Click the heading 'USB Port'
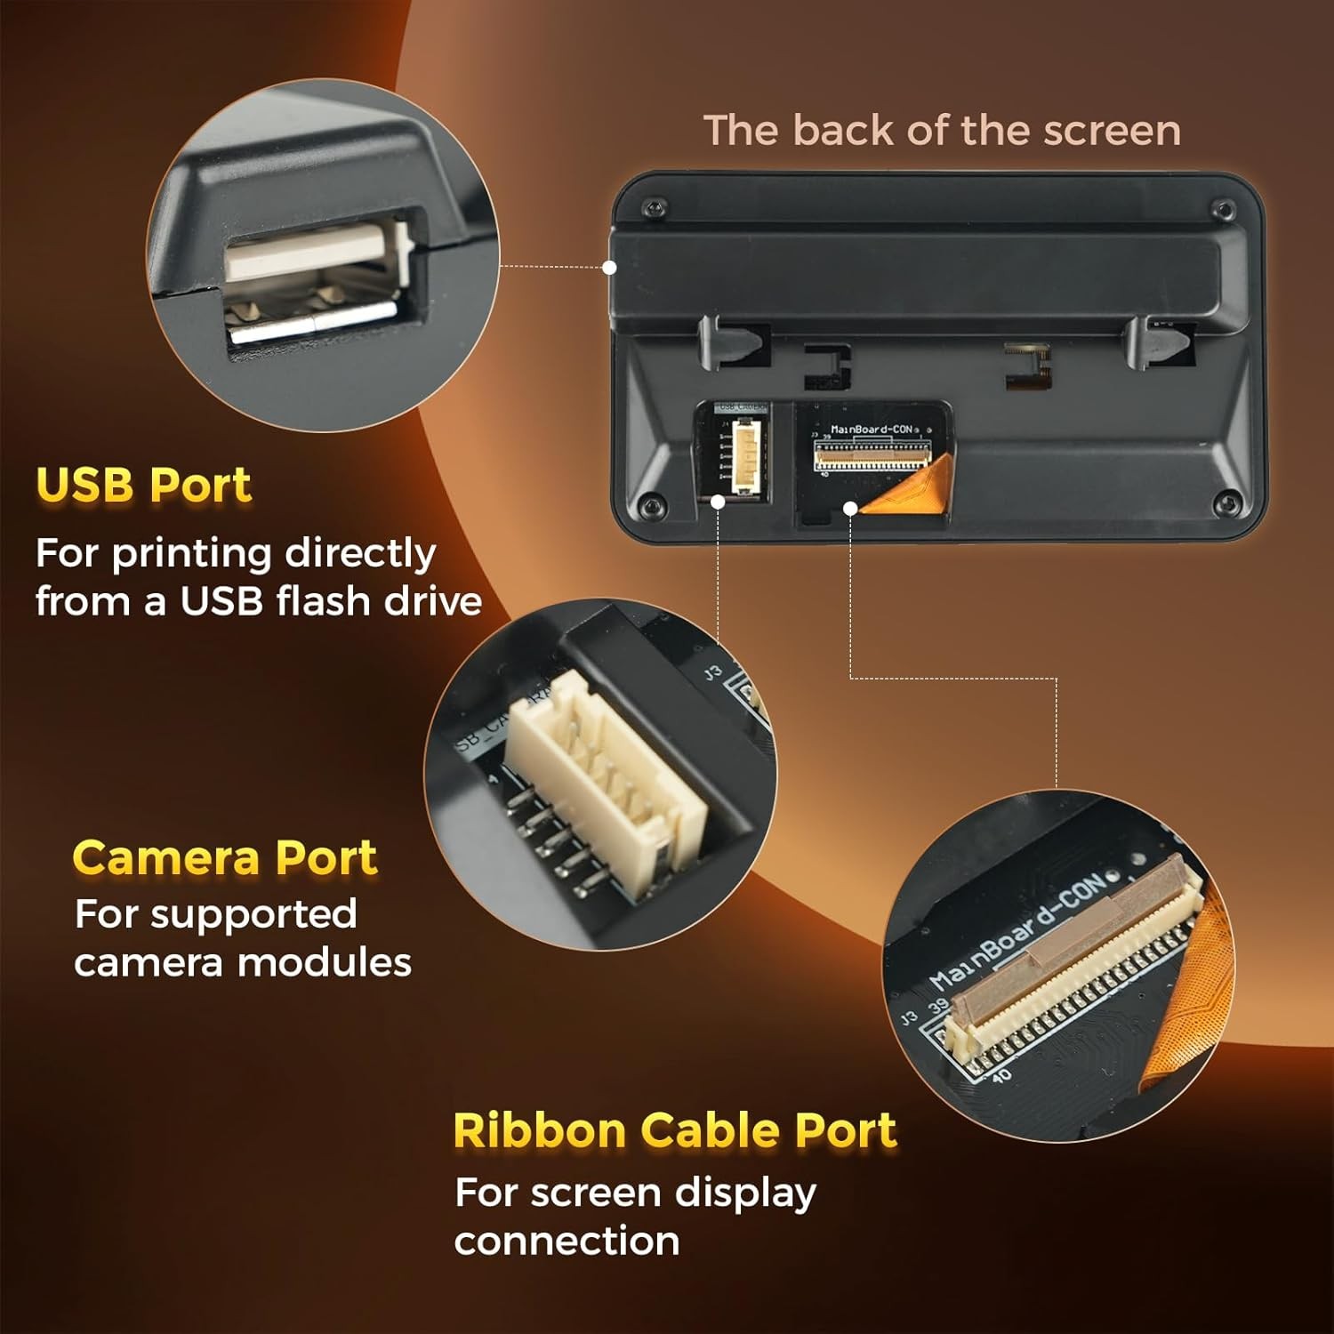144,485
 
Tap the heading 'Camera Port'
225,857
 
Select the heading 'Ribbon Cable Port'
675,1130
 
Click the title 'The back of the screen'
942,131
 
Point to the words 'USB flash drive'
331,601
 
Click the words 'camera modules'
243,962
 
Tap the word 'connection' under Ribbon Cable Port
567,1241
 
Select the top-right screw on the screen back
1224,211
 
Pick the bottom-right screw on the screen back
1227,503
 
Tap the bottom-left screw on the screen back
650,507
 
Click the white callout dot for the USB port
610,267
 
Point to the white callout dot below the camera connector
718,502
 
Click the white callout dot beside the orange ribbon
850,508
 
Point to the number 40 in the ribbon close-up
1000,1076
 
